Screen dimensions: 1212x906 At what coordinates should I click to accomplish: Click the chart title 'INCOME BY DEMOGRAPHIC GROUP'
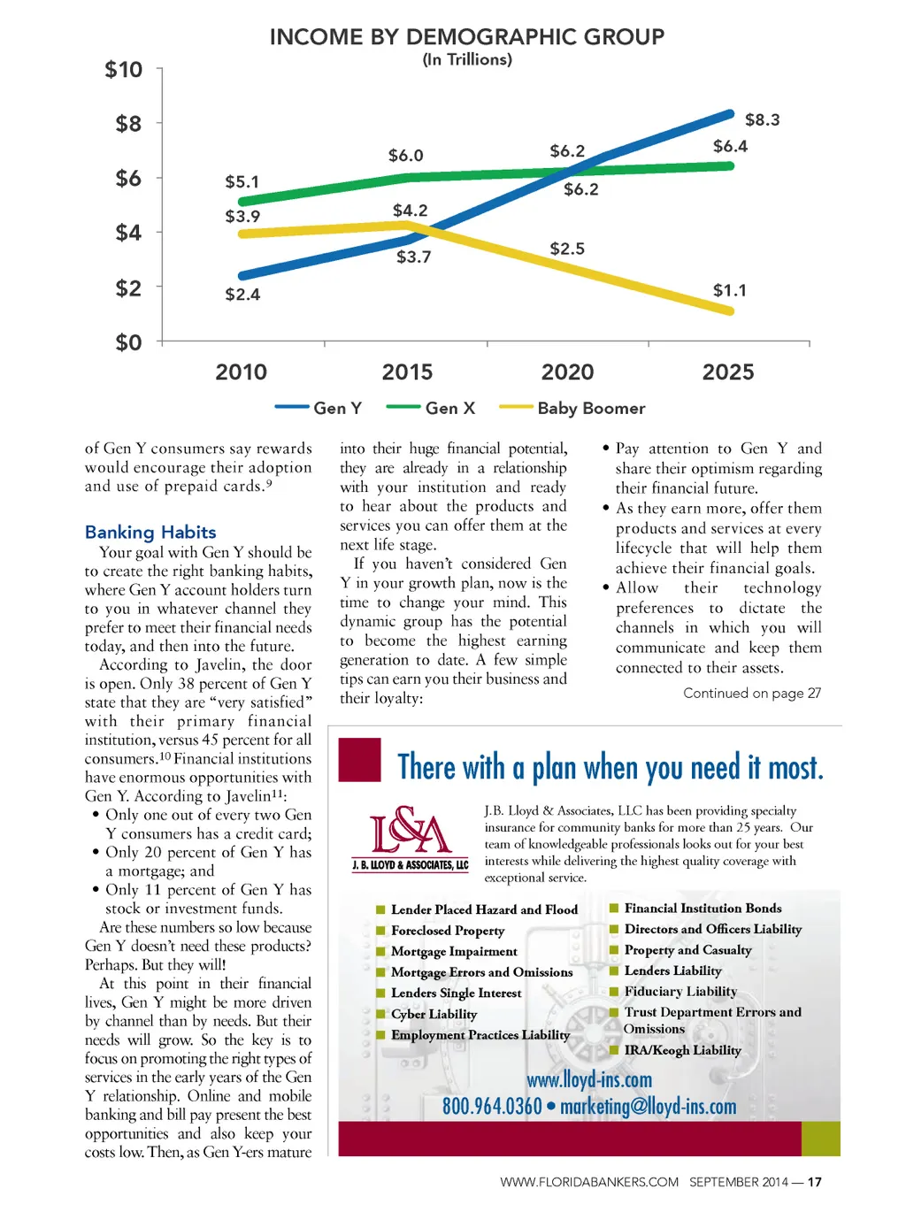(466, 37)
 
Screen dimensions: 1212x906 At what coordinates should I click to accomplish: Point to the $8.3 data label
(762, 119)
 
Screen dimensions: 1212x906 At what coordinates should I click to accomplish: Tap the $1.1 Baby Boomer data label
(730, 290)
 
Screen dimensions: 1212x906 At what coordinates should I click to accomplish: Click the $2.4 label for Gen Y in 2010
(242, 295)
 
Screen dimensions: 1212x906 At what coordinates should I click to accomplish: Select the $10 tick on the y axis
(123, 70)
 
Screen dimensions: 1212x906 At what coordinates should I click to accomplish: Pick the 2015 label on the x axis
(407, 372)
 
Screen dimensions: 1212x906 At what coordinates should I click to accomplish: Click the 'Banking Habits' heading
(150, 532)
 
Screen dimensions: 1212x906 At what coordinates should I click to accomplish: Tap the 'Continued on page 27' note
(752, 693)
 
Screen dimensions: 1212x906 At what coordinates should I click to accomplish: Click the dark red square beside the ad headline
(360, 760)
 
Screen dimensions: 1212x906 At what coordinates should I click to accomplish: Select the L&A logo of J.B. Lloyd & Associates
(410, 837)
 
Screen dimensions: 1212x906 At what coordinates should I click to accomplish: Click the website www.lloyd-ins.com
(589, 1079)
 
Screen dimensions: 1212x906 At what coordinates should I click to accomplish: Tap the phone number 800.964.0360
(492, 1106)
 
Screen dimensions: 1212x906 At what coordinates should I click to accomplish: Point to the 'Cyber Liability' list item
(434, 1014)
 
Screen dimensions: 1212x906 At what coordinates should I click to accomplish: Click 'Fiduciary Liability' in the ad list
(680, 992)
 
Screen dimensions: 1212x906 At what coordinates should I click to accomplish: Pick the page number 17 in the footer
(815, 1182)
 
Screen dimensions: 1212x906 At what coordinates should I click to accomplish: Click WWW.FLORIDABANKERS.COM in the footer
(589, 1182)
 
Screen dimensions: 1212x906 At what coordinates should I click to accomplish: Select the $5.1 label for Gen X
(242, 182)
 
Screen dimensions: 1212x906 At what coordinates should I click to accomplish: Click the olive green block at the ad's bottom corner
(821, 1139)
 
